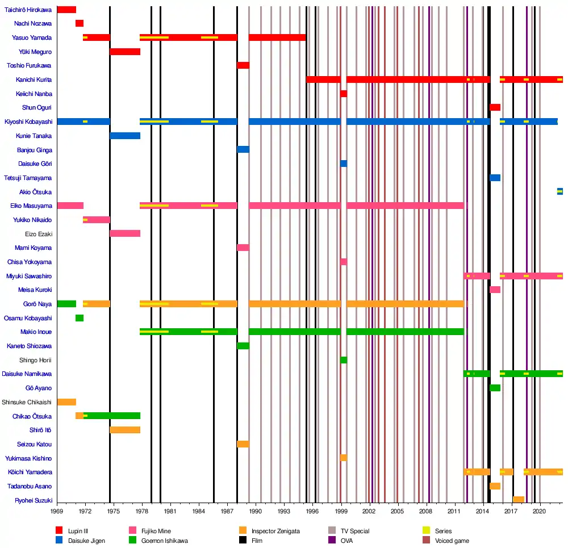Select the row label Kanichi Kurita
coord(34,80)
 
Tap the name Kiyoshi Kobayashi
coord(28,122)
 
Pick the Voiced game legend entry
coord(452,541)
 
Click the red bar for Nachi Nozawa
coord(80,23)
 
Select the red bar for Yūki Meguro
coord(125,52)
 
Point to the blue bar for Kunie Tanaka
coord(125,136)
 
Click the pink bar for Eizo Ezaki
coord(125,233)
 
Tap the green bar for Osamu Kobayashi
coord(80,318)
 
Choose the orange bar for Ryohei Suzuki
coord(519,500)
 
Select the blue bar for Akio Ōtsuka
coord(560,191)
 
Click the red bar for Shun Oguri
coord(495,107)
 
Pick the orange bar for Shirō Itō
coord(125,430)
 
